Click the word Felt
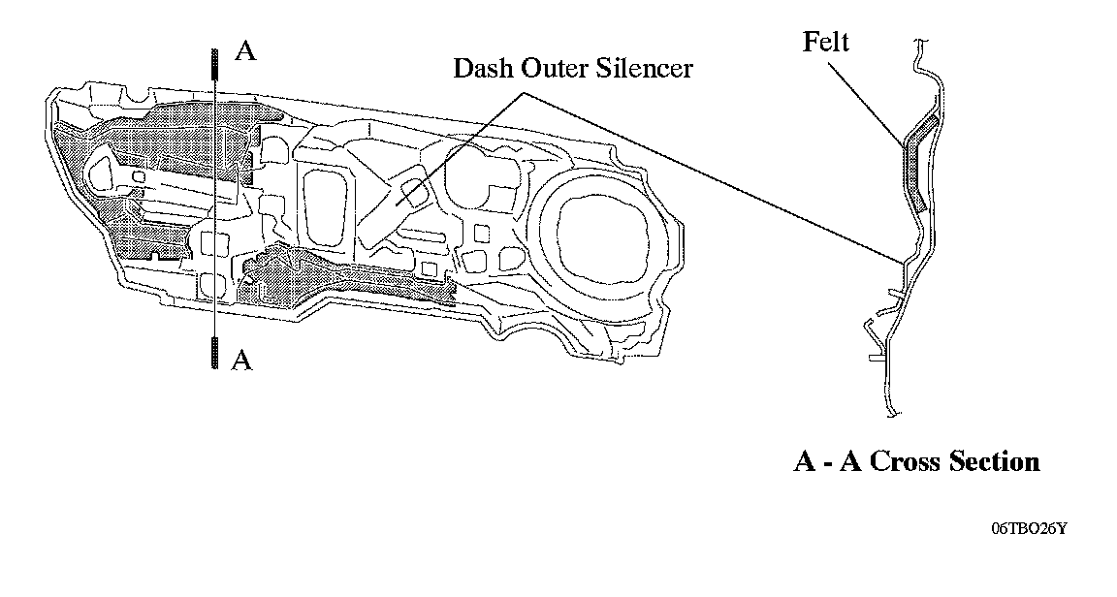[825, 43]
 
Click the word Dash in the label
[479, 69]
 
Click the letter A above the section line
[246, 52]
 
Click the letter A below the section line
[243, 361]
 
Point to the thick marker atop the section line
[212, 62]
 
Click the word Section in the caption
[994, 461]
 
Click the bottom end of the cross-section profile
[889, 414]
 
